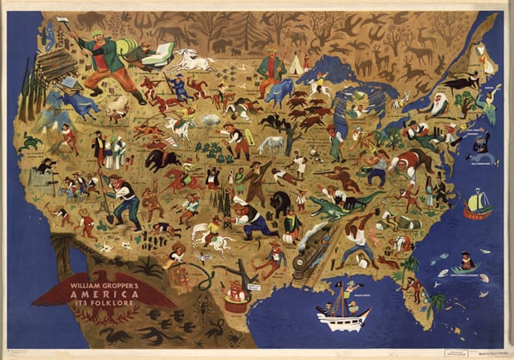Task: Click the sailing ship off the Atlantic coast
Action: [477, 204]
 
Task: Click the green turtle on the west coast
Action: [32, 142]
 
